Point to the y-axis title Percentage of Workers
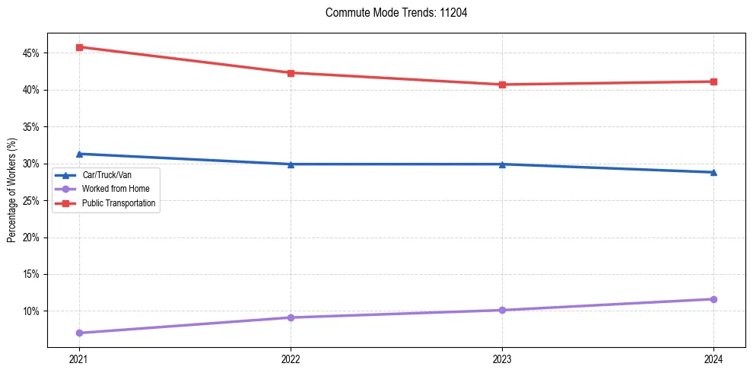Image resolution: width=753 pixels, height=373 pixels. point(12,190)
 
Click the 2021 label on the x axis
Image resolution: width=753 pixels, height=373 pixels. point(79,359)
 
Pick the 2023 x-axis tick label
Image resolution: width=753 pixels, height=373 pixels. point(502,359)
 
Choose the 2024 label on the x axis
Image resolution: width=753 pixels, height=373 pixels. point(713,359)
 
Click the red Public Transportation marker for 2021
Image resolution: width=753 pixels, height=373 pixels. point(79,47)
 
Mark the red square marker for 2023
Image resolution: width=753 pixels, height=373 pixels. point(502,84)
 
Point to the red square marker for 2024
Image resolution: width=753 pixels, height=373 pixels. point(713,81)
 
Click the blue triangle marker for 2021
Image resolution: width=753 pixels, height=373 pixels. point(79,154)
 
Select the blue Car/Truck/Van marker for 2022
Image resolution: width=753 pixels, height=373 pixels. point(291,164)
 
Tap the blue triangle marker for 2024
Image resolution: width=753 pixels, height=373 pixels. point(713,172)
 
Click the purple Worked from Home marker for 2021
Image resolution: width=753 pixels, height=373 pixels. point(79,333)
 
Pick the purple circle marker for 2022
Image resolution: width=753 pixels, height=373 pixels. point(291,317)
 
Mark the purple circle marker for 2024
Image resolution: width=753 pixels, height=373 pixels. point(713,299)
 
